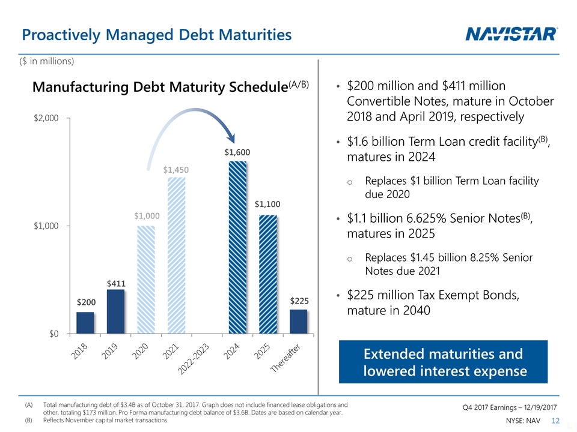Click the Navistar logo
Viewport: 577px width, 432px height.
pos(511,35)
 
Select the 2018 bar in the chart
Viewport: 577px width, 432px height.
pos(85,323)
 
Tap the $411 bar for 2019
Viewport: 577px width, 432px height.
pos(115,311)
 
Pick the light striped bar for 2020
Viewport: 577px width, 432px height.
pos(146,280)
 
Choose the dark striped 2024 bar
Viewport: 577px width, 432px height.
pos(237,247)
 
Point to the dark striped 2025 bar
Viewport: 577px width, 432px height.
pos(268,274)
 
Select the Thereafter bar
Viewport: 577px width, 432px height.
pos(299,322)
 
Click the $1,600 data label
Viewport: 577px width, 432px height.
pos(237,152)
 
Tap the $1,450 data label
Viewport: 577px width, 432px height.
pos(176,170)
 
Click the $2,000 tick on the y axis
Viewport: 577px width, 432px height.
pos(46,118)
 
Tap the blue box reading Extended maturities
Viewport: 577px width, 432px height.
pos(444,362)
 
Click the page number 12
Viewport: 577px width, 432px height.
pos(556,421)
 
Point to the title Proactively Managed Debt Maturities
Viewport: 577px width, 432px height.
pos(156,35)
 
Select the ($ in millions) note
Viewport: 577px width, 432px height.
pos(47,61)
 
